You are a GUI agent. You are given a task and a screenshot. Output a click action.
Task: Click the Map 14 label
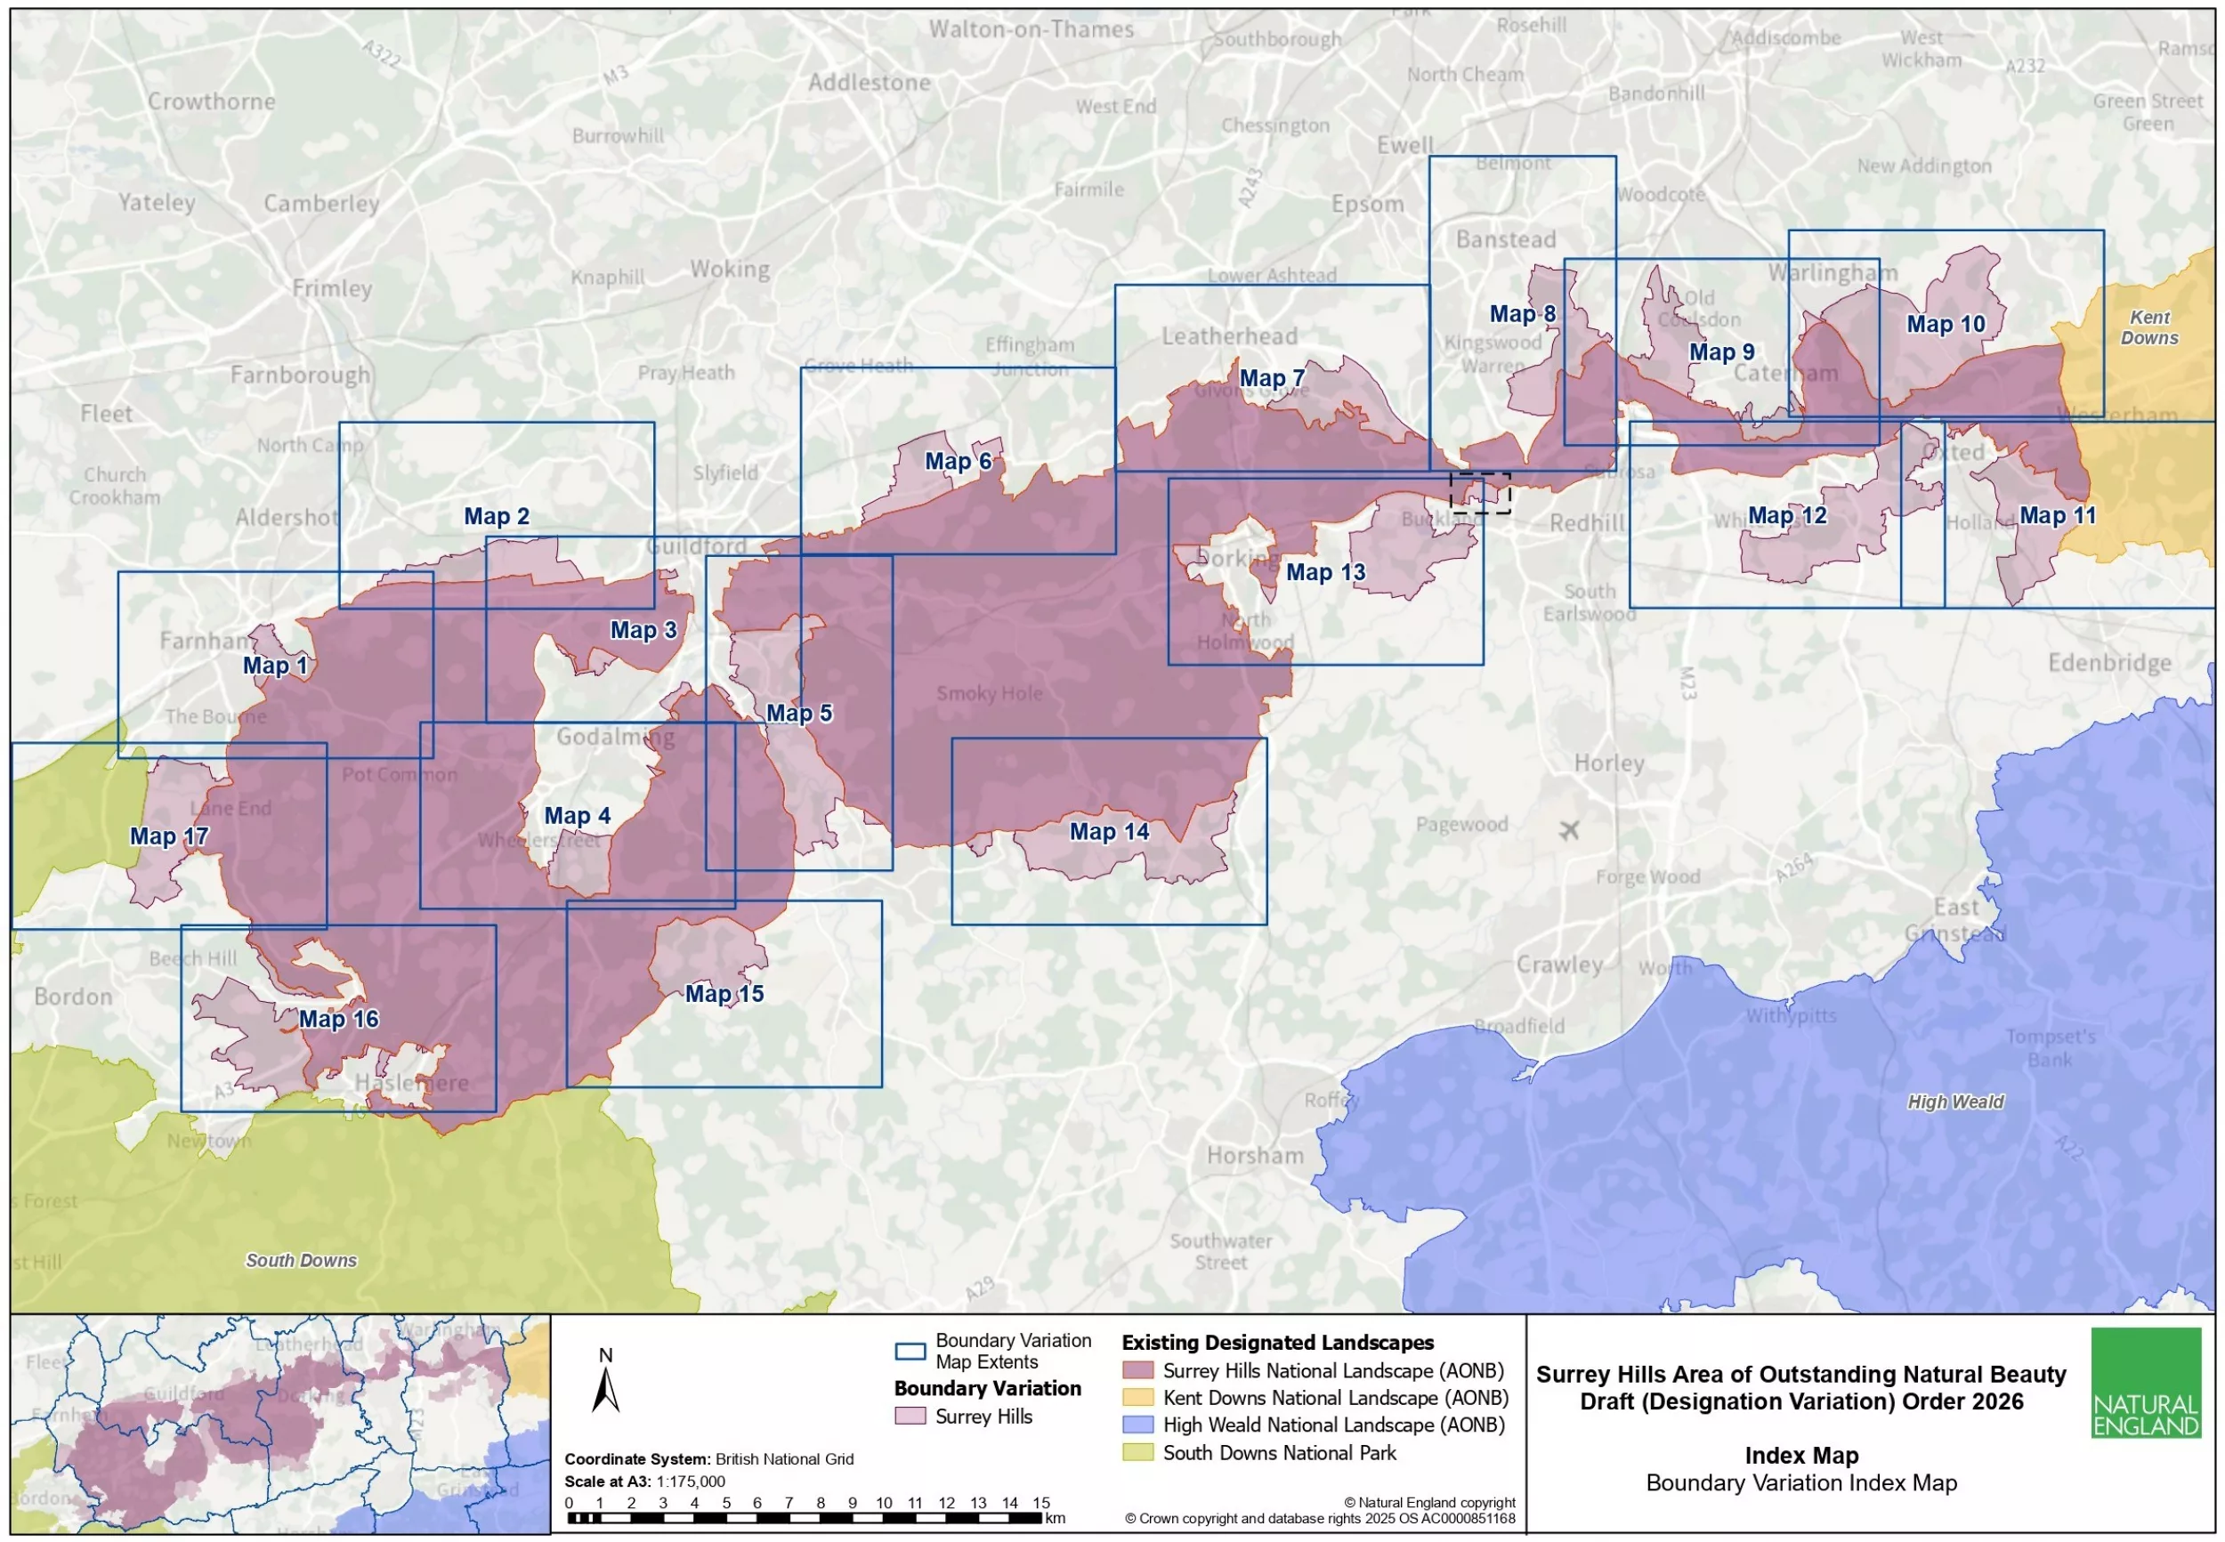[x=1108, y=832]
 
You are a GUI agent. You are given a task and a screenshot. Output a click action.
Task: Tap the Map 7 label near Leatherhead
[x=1272, y=379]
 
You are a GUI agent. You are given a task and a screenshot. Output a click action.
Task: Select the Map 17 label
[x=169, y=836]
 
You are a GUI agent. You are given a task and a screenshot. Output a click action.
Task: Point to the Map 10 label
[x=1945, y=325]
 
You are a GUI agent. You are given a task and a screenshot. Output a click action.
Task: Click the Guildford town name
[x=697, y=545]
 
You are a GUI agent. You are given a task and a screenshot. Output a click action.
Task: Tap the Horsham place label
[x=1254, y=1156]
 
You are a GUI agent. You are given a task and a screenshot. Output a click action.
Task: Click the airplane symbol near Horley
[x=1568, y=830]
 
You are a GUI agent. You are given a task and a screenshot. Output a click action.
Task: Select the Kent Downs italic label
[x=2148, y=327]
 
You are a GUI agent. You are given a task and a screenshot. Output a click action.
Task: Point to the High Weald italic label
[x=1954, y=1102]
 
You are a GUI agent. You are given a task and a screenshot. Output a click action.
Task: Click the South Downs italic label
[x=301, y=1260]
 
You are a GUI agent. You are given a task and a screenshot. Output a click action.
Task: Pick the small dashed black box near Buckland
[x=1479, y=493]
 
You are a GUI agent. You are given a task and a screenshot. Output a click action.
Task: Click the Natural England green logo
[x=2145, y=1383]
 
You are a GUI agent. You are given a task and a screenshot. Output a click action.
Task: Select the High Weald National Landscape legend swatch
[x=1138, y=1425]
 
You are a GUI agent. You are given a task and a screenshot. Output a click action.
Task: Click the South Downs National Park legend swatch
[x=1138, y=1452]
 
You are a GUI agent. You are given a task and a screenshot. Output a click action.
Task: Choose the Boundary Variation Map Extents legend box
[x=910, y=1351]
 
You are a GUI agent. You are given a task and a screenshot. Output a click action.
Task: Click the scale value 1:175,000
[x=690, y=1481]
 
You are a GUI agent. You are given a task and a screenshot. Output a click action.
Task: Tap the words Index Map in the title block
[x=1800, y=1455]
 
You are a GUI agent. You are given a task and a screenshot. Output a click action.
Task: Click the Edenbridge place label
[x=2109, y=663]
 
